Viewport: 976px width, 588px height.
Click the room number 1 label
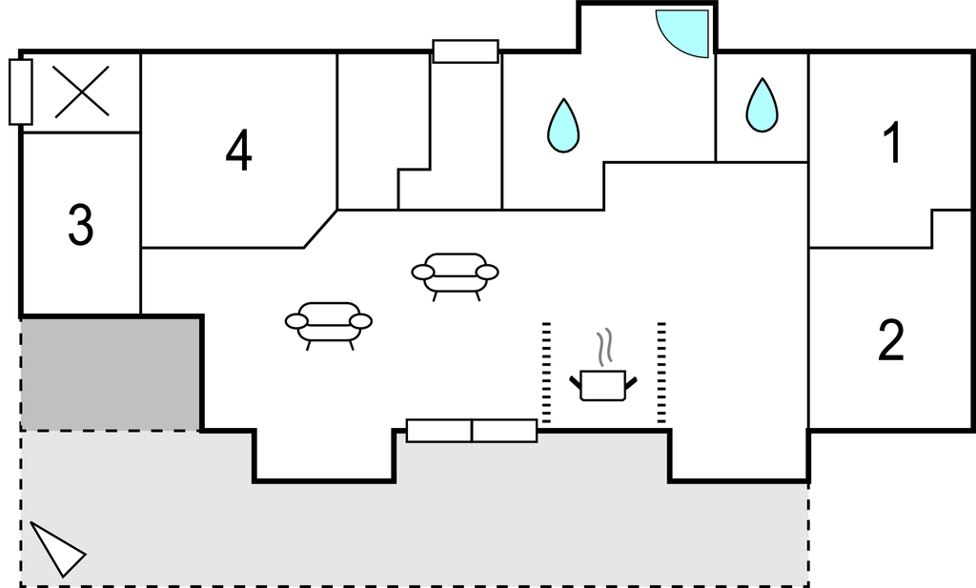click(893, 143)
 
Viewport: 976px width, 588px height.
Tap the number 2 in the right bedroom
click(891, 339)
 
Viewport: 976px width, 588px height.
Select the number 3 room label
click(81, 224)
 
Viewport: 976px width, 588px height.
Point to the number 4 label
click(239, 150)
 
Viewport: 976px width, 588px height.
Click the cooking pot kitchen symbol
click(603, 384)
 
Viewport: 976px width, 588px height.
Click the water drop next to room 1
click(762, 106)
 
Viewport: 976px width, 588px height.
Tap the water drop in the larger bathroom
click(563, 126)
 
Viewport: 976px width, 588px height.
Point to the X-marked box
click(82, 92)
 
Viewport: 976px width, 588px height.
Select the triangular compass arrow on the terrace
click(57, 549)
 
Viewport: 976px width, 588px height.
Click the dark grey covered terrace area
click(111, 375)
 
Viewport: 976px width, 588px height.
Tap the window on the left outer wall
click(21, 92)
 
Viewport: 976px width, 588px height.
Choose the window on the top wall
click(465, 51)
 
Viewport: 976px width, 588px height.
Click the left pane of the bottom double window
click(439, 431)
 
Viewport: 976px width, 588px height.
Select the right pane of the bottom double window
click(505, 431)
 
